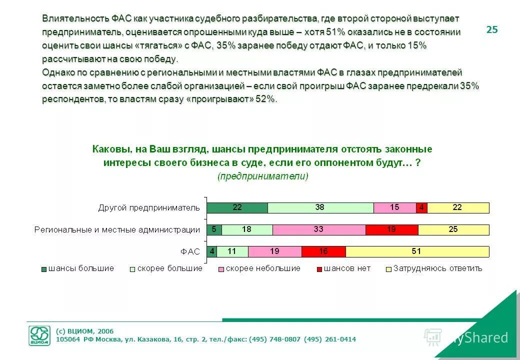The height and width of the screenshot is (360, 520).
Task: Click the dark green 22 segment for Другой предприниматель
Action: [x=237, y=208]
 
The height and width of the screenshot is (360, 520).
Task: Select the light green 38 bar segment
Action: [x=320, y=208]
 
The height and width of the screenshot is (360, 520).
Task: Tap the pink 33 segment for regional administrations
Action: [x=319, y=230]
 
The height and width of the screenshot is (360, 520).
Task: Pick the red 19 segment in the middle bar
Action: [x=391, y=230]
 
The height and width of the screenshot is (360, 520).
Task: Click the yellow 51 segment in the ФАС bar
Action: [x=417, y=251]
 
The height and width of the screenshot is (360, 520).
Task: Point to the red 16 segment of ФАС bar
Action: [x=323, y=251]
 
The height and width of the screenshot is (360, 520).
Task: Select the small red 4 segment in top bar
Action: [x=421, y=208]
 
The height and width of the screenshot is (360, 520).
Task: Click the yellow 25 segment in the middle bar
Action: [x=453, y=230]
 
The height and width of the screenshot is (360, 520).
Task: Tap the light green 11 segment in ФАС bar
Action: [x=232, y=251]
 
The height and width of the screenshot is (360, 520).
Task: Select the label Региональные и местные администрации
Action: [x=117, y=230]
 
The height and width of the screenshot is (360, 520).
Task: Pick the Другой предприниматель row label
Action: [x=148, y=208]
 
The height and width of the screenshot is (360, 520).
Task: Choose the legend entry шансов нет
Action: [x=347, y=268]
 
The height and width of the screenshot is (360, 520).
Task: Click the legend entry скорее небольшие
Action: [x=263, y=268]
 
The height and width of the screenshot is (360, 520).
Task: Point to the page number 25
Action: [x=492, y=30]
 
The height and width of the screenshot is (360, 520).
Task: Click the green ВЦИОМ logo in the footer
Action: [x=39, y=335]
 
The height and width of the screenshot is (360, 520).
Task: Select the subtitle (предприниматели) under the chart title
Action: [x=263, y=176]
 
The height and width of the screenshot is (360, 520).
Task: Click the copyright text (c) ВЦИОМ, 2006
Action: [x=84, y=331]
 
